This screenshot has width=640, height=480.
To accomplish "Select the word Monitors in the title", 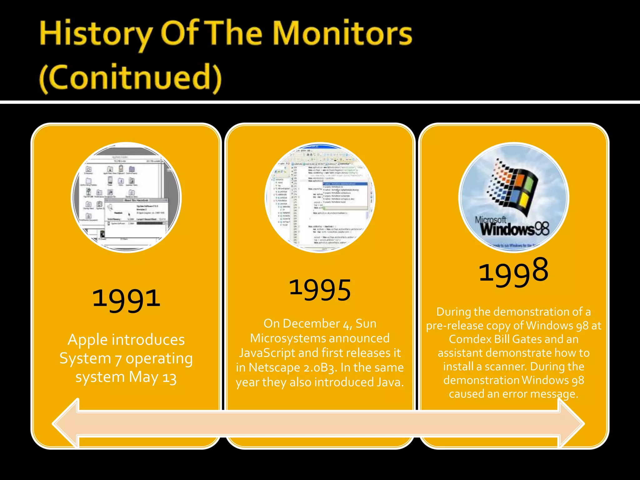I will pos(343,34).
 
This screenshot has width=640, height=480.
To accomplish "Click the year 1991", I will pos(126,298).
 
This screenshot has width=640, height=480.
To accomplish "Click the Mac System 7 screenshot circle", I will pos(126,197).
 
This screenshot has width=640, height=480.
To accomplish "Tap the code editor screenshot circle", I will pos(320,197).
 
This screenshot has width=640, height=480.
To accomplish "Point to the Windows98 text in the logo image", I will pos(515,229).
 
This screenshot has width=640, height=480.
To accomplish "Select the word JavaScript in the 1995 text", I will pos(267,353).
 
